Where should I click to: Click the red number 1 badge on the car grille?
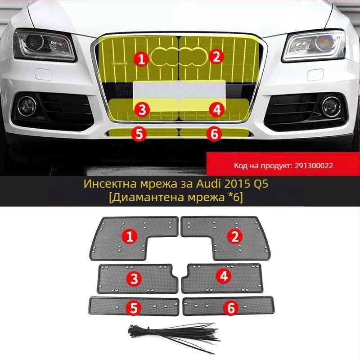pos(142,58)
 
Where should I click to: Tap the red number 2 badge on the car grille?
pos(216,57)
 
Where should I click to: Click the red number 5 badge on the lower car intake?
pos(139,134)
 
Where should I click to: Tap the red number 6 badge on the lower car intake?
pos(214,134)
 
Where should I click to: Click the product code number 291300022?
pos(314,166)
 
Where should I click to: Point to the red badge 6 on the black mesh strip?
pos(230,308)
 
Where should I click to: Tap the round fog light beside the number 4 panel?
pos(330,104)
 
